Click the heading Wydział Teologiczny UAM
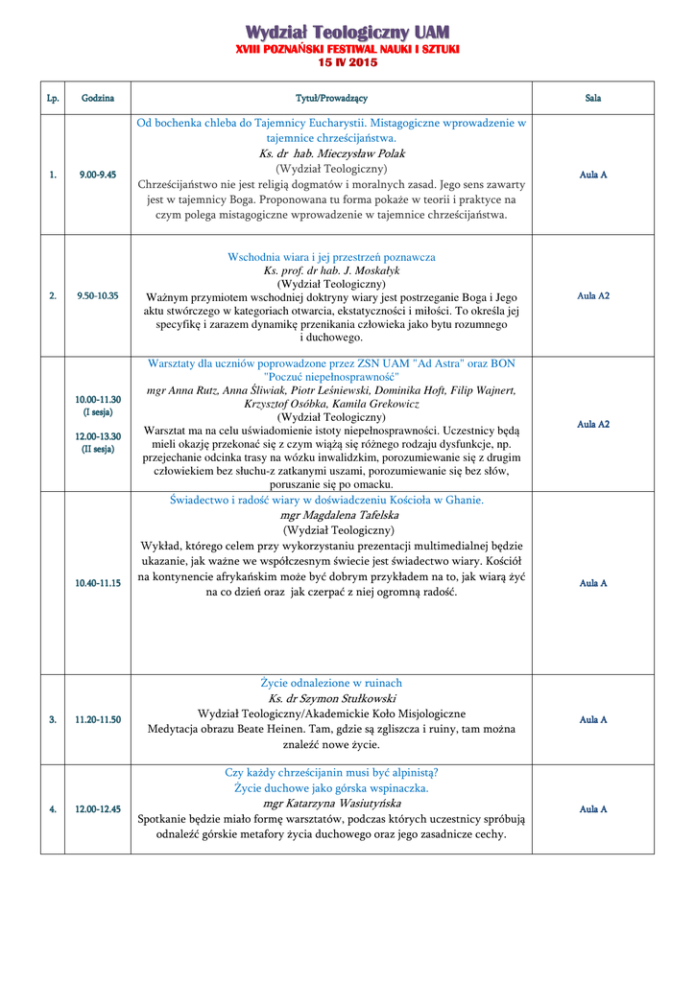(x=347, y=34)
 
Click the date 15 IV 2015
(x=347, y=62)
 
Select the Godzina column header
(x=98, y=98)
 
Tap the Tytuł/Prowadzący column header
(x=331, y=98)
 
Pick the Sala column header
(x=593, y=98)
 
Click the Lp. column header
(x=53, y=98)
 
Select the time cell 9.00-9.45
(x=98, y=175)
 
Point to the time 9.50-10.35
(x=98, y=295)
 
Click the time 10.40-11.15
(x=98, y=583)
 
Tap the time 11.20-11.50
(x=98, y=719)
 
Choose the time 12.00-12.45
(x=98, y=809)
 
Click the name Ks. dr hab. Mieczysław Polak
(x=332, y=153)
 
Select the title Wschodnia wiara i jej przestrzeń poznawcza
(x=331, y=257)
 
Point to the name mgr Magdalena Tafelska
(x=332, y=515)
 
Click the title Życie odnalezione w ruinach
(x=331, y=683)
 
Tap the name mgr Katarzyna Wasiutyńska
(x=332, y=803)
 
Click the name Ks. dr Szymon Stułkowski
(x=332, y=698)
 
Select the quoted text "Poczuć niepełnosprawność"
(x=331, y=377)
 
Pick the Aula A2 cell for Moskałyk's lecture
(x=593, y=295)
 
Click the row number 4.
(x=53, y=809)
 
